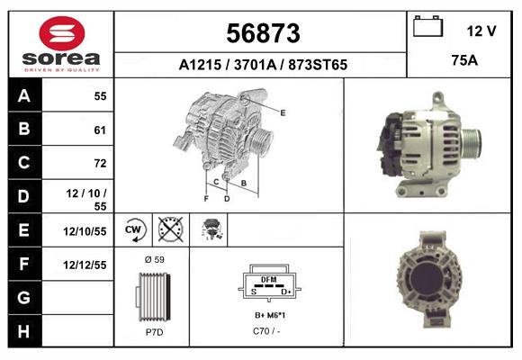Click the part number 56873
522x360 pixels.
point(263,33)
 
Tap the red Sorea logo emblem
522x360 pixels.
point(62,33)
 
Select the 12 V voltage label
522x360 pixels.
point(481,31)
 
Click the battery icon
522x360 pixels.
point(427,26)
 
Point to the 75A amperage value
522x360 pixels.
point(464,60)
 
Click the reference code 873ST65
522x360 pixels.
point(318,65)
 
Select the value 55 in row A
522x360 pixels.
point(100,96)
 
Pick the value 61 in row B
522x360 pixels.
point(100,130)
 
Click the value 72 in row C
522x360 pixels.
point(100,163)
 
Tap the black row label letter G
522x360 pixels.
point(24,297)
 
